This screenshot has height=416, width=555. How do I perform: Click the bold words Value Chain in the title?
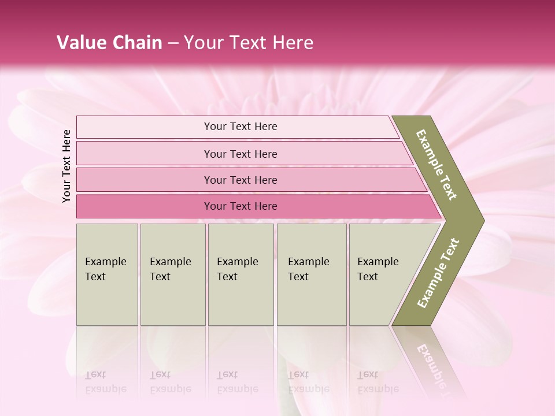[x=109, y=42]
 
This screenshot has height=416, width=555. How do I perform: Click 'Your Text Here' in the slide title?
[x=249, y=42]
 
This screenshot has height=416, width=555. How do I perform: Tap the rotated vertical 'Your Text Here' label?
[x=66, y=166]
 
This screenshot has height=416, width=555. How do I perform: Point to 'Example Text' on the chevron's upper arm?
[x=436, y=165]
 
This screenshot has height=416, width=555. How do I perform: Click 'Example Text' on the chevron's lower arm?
[x=438, y=273]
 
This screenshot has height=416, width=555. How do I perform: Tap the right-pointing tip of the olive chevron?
[x=480, y=220]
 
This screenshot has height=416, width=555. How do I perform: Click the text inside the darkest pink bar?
[x=240, y=206]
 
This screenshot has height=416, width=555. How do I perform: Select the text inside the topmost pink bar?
[x=240, y=127]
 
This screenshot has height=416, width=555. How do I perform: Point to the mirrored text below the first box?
[x=105, y=382]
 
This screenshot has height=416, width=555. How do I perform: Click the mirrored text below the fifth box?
[x=378, y=382]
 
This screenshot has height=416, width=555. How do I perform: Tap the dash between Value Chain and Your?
[x=173, y=43]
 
